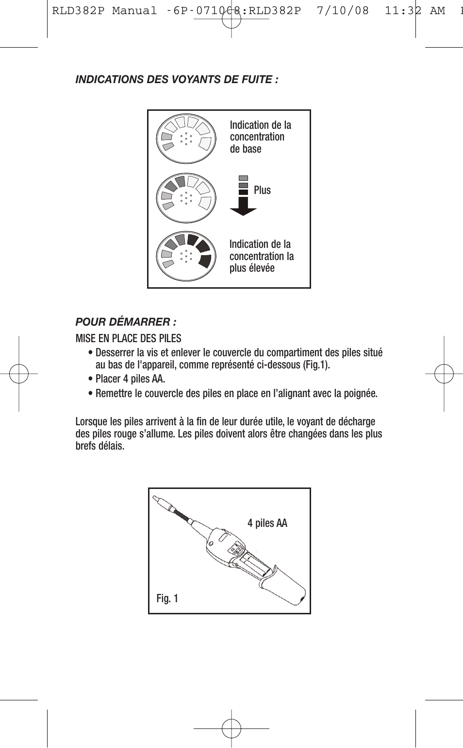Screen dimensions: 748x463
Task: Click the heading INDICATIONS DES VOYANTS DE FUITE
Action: tap(177, 80)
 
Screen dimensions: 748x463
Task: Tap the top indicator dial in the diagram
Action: tap(186, 138)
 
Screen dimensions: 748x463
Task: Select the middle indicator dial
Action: tap(186, 197)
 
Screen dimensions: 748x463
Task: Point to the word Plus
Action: tap(262, 191)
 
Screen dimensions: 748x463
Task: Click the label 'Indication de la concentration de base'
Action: tap(260, 137)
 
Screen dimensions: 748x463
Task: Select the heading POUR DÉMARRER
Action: tap(125, 322)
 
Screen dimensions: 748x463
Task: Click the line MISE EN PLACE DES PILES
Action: tap(128, 339)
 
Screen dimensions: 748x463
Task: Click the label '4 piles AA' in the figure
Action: tap(267, 523)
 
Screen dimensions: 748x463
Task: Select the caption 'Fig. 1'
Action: tap(167, 598)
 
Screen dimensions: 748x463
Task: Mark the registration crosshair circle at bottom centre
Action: tap(231, 729)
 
